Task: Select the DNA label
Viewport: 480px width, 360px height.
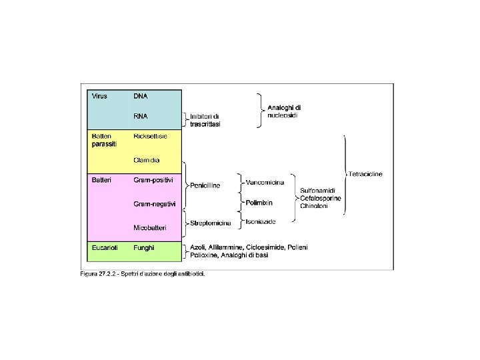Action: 141,96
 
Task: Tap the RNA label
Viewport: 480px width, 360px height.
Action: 141,116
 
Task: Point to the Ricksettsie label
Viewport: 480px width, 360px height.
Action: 150,136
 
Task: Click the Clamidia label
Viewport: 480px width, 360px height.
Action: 146,160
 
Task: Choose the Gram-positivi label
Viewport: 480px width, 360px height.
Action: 153,180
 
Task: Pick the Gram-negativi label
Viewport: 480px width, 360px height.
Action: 155,204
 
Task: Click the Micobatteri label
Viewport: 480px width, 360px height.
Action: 150,227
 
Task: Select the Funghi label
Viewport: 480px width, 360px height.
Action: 144,247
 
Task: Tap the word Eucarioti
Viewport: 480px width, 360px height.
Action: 105,247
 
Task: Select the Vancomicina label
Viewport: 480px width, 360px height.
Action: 265,182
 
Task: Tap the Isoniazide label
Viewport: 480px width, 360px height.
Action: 261,221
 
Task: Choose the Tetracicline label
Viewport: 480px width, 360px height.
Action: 365,174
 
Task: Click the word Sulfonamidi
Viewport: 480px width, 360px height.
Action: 320,191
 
